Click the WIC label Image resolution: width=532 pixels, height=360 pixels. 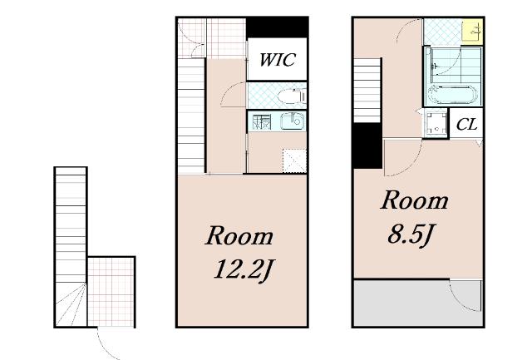[277, 60]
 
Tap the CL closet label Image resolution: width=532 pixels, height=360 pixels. [466, 125]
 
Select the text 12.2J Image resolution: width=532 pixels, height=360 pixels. [244, 270]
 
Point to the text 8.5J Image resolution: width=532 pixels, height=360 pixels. [411, 234]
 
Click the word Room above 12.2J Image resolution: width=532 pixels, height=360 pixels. [239, 236]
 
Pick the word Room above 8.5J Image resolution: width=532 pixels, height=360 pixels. [414, 200]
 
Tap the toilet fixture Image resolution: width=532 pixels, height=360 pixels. [292, 96]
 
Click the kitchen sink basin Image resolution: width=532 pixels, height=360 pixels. [293, 121]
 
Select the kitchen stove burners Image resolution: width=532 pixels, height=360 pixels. [262, 122]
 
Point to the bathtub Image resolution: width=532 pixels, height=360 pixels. [452, 95]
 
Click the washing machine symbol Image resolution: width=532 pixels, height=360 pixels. [436, 124]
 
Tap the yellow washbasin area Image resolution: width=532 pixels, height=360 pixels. [472, 32]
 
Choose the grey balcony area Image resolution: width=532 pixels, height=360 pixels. [417, 303]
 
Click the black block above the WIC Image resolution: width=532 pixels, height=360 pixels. [277, 27]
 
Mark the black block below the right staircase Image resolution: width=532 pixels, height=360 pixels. [367, 145]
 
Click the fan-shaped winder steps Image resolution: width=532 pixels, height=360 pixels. [71, 304]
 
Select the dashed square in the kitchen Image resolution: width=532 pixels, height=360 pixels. [294, 160]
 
